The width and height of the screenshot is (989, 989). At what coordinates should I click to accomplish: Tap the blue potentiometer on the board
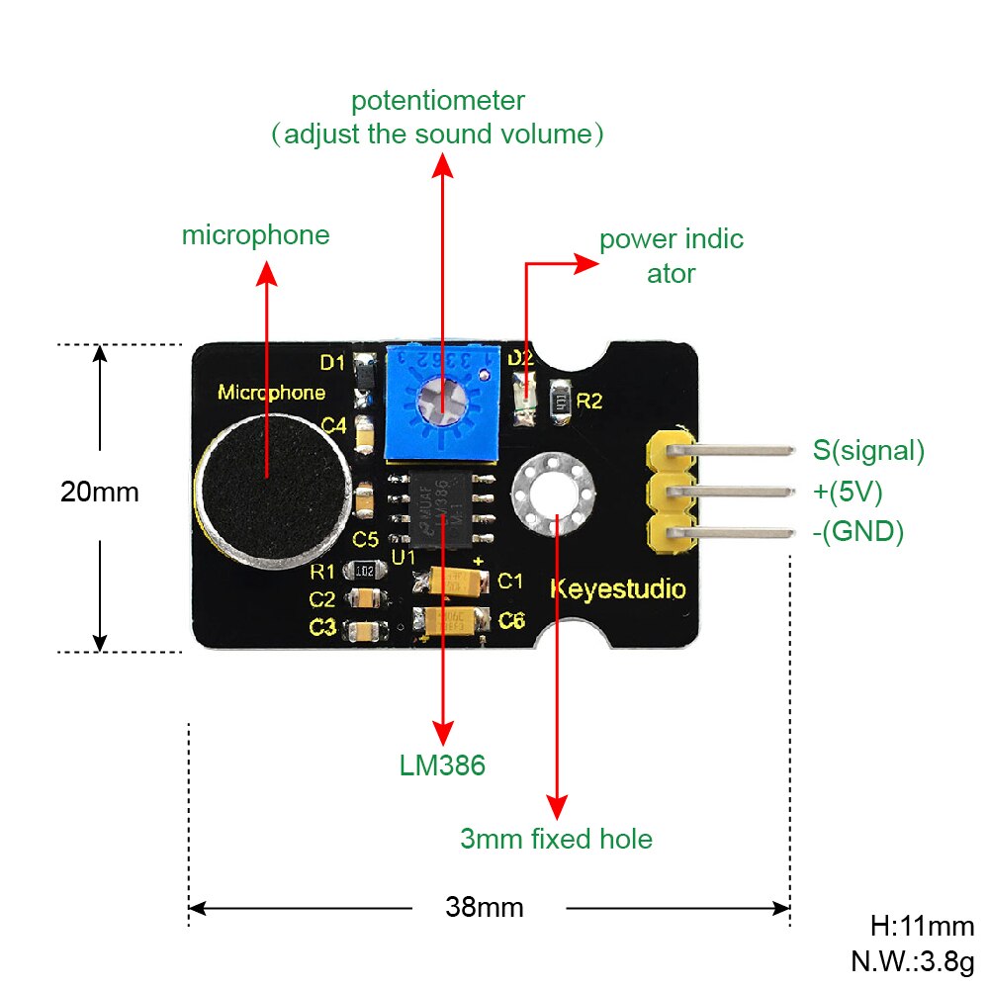coord(436,401)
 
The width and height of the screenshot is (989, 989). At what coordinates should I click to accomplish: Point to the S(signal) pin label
coord(868,451)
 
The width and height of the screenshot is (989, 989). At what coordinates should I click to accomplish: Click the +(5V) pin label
coord(848,492)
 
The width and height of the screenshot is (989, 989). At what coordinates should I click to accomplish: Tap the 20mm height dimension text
coord(99,492)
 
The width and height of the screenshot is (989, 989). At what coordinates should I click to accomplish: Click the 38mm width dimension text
coord(485,906)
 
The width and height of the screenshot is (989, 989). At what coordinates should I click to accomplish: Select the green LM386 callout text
coord(442,764)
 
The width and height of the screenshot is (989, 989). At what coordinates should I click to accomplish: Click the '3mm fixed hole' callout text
coord(556,840)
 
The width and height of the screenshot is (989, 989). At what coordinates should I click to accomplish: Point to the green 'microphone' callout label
coord(255,235)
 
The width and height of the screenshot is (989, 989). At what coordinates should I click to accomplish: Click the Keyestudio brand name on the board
coord(616,590)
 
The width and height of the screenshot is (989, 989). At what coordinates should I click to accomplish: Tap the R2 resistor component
coord(562,401)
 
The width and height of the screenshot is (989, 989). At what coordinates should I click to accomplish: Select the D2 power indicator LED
coord(524,398)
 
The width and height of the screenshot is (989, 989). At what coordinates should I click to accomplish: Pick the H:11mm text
coord(922,927)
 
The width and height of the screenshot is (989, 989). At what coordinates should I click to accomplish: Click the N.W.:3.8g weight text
coord(912,960)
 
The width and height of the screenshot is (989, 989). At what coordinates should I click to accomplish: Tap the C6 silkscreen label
coord(511,620)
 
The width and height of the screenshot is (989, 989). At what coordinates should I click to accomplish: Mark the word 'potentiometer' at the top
coord(437,100)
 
